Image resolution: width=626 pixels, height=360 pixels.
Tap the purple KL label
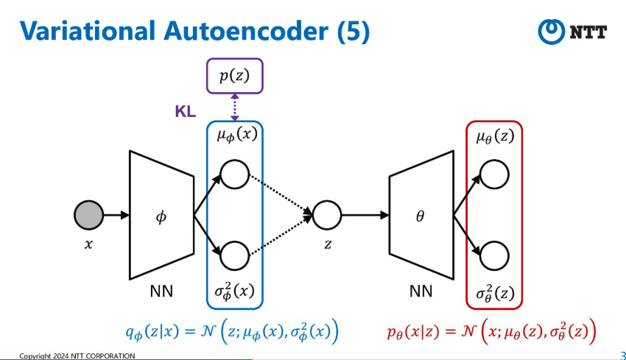186,111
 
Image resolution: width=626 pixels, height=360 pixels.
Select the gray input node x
88,215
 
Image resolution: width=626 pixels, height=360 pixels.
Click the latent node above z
327,215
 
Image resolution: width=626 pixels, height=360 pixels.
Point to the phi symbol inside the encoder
161,216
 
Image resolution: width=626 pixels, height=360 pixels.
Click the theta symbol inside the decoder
420,216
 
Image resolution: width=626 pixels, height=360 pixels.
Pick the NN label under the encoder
161,292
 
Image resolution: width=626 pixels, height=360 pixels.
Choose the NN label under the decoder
421,292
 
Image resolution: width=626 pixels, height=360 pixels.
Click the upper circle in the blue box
235,174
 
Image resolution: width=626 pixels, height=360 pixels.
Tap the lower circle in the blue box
235,256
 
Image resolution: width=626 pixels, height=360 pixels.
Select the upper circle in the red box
494,174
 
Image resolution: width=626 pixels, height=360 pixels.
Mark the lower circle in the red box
494,256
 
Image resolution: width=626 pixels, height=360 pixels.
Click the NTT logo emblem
552,32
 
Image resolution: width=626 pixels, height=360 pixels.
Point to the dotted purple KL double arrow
235,107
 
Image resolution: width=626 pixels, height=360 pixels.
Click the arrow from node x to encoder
116,215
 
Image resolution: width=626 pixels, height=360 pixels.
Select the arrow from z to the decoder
365,215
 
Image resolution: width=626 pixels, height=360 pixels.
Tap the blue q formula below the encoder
232,331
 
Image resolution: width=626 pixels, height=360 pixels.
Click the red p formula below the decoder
491,331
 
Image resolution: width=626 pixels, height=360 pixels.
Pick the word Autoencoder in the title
245,31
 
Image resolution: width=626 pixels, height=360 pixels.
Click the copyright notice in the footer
77,356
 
